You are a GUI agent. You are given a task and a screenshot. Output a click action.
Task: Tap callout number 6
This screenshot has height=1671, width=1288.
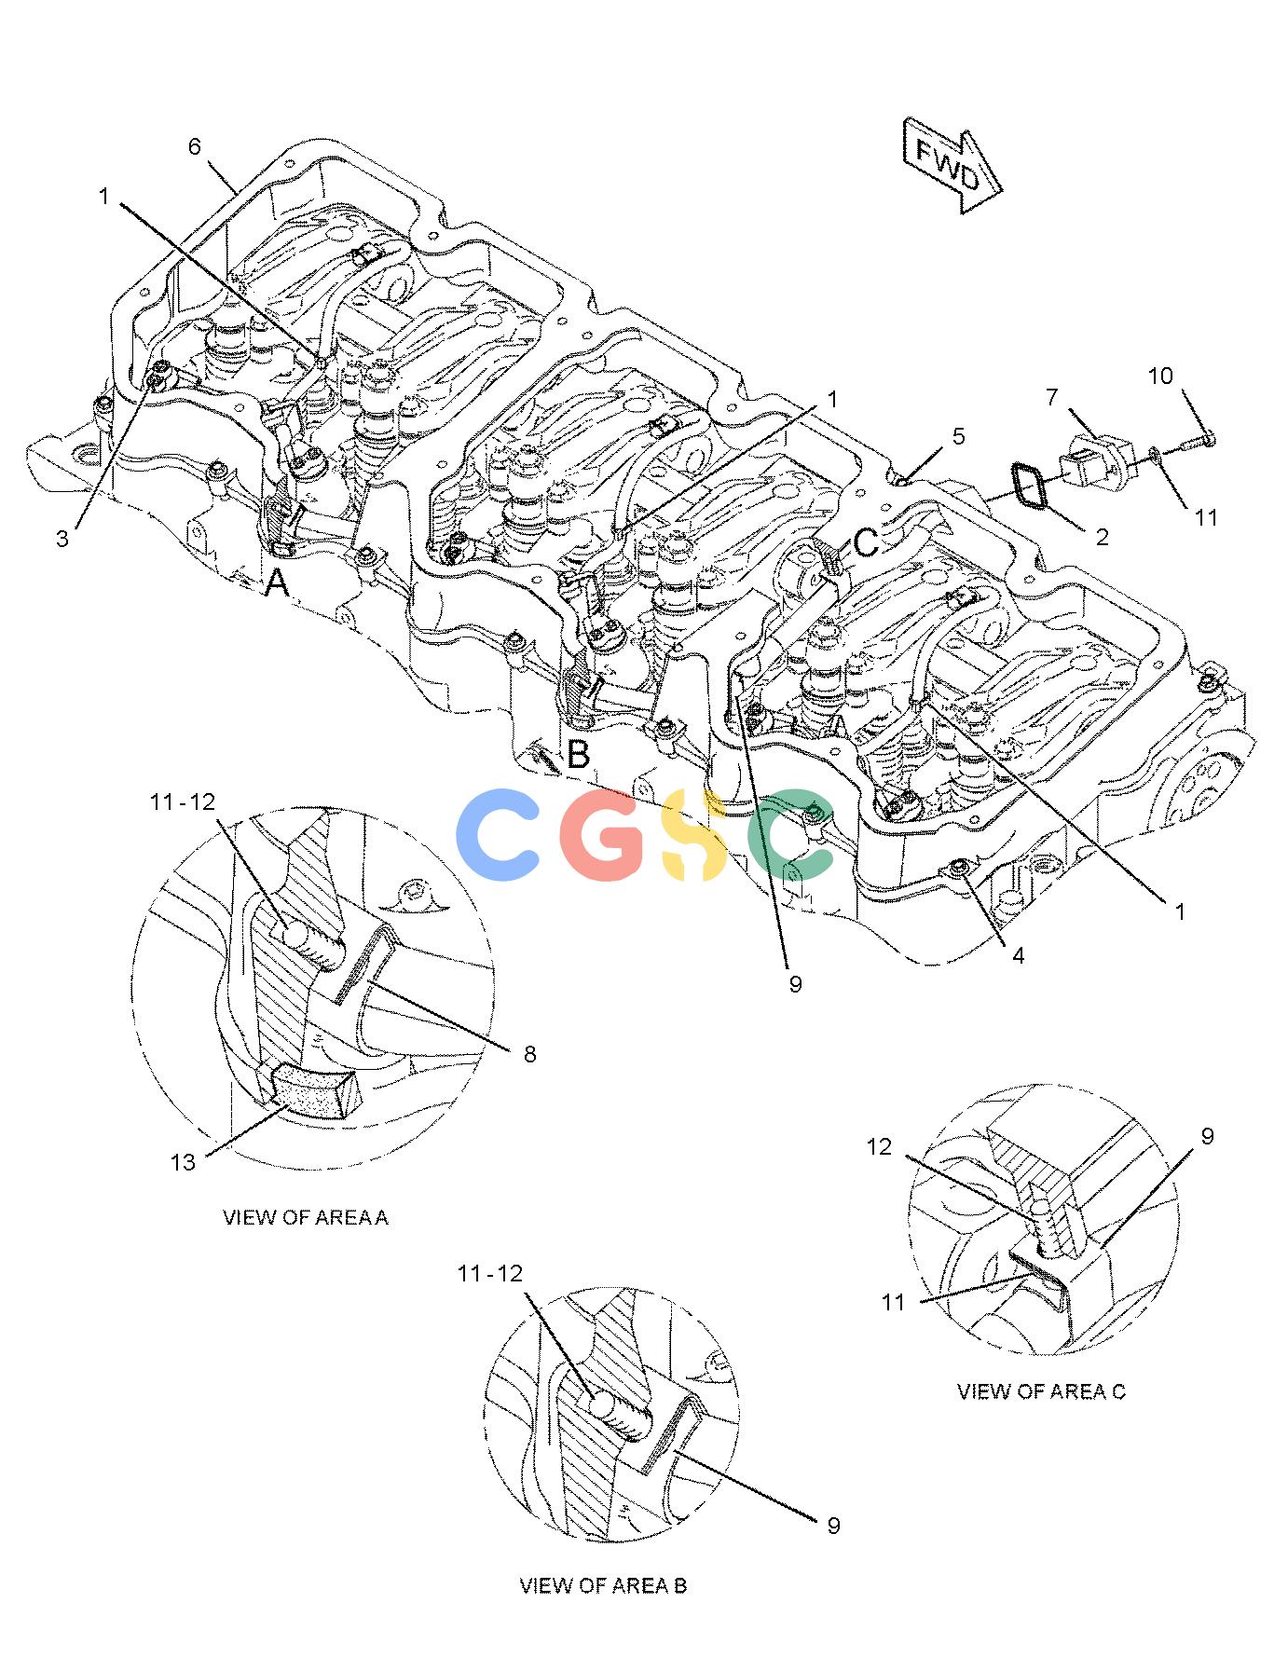195,146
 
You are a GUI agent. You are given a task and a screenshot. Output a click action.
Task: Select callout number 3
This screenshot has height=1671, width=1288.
62,539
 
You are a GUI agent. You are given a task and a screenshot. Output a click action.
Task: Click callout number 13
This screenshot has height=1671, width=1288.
183,1162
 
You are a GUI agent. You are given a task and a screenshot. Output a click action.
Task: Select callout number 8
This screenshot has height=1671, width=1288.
529,1054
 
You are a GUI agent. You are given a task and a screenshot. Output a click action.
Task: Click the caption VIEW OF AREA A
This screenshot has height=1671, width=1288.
305,1218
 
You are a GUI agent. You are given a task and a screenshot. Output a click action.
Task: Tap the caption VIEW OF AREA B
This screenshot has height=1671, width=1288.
603,1585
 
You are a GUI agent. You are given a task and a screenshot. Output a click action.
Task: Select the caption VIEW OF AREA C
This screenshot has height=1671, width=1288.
1041,1391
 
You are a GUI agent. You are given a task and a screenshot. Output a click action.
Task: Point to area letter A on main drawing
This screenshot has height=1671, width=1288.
277,584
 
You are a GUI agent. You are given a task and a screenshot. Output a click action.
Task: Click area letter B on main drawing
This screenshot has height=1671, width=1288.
578,754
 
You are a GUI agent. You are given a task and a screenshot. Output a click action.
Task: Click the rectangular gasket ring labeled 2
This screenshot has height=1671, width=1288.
1029,487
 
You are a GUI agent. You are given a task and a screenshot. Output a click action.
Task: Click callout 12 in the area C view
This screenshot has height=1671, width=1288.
880,1147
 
